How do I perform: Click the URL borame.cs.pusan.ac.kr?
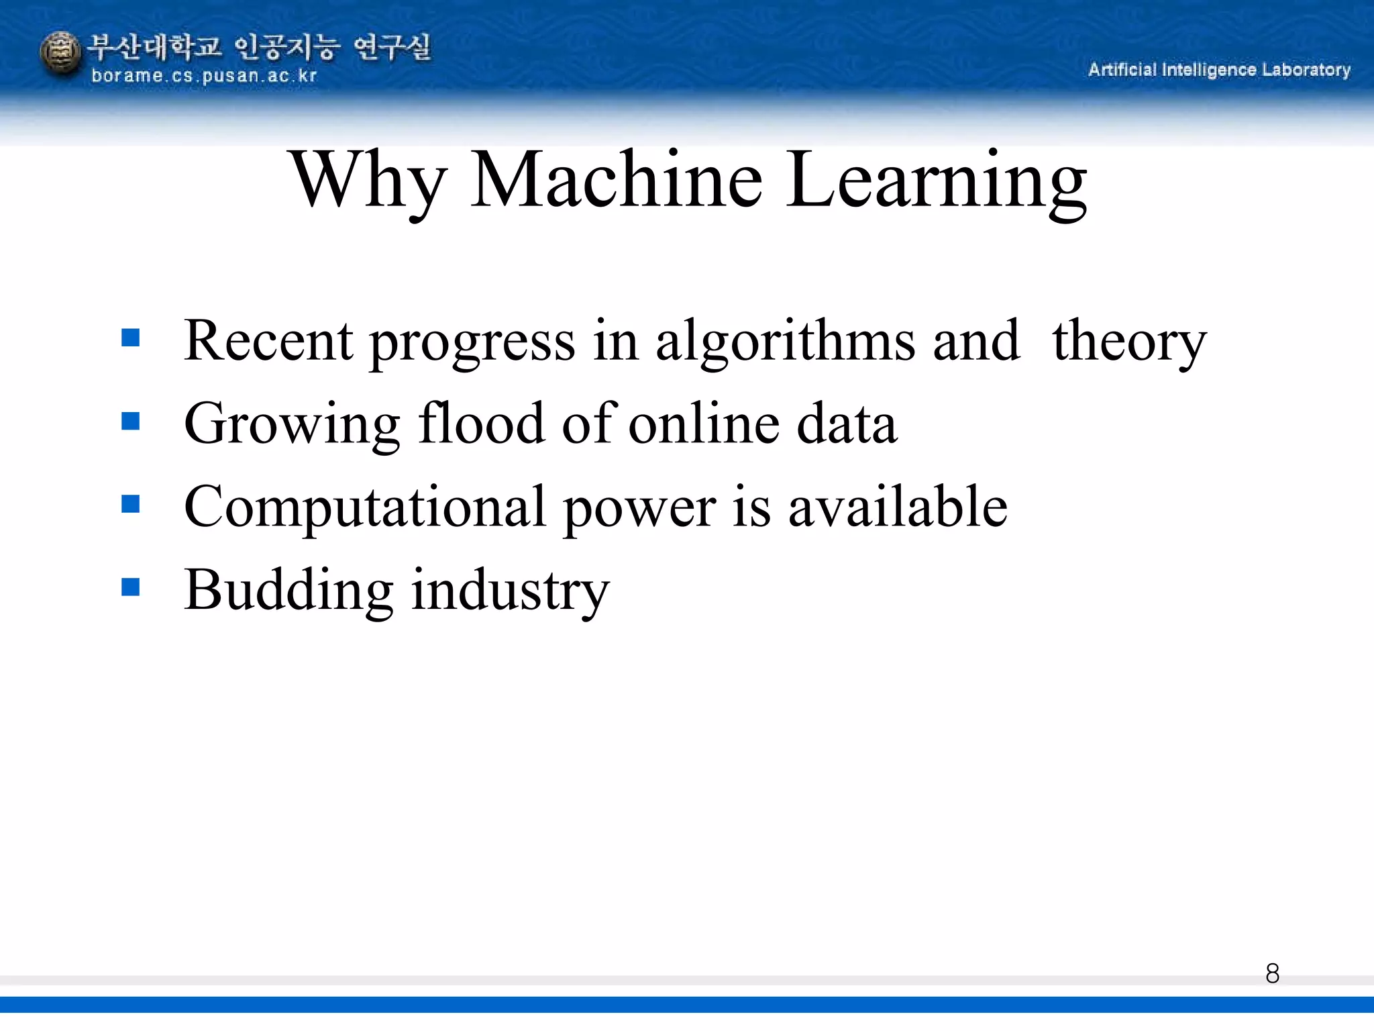point(204,76)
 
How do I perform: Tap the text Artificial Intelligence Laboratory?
point(1219,70)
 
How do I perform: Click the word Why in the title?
point(368,181)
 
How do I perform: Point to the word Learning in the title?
point(936,181)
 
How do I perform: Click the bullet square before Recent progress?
point(131,337)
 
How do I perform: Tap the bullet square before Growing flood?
point(131,421)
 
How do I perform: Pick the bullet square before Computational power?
point(131,504)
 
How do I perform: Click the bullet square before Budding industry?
point(131,587)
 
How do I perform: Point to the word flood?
point(481,424)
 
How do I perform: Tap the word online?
point(704,424)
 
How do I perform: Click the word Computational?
point(365,508)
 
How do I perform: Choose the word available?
point(898,507)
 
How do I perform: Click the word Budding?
point(288,591)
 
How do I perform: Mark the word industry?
point(510,591)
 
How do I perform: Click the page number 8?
point(1272,973)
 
